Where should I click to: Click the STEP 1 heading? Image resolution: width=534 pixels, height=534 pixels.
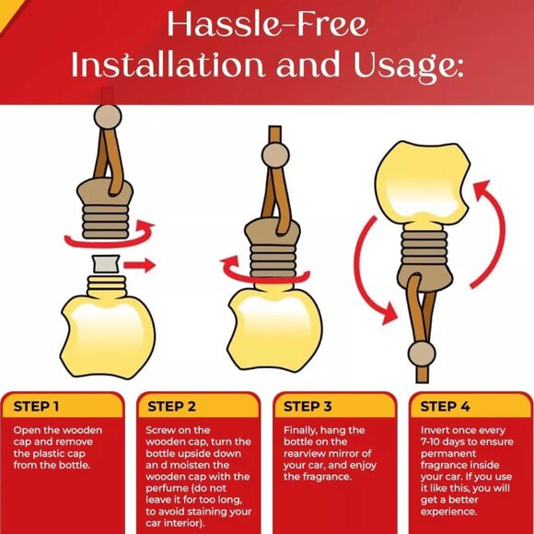click(36, 406)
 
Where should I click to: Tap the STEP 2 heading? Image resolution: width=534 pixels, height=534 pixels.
click(171, 406)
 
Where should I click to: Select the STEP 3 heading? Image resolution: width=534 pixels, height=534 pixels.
click(308, 406)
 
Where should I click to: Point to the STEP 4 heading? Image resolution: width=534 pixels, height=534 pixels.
click(445, 406)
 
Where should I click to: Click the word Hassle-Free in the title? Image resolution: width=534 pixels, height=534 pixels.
click(268, 25)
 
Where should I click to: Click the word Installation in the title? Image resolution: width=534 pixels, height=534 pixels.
click(168, 64)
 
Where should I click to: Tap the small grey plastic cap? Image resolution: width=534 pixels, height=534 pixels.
click(107, 263)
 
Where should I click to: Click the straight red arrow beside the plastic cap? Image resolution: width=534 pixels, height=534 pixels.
click(140, 265)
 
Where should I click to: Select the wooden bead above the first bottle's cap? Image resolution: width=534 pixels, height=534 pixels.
click(108, 117)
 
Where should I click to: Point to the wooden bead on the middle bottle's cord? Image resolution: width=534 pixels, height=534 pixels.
click(275, 156)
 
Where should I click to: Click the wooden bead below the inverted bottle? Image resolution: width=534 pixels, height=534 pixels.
click(422, 354)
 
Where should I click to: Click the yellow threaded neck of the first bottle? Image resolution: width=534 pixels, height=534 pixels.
click(107, 285)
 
